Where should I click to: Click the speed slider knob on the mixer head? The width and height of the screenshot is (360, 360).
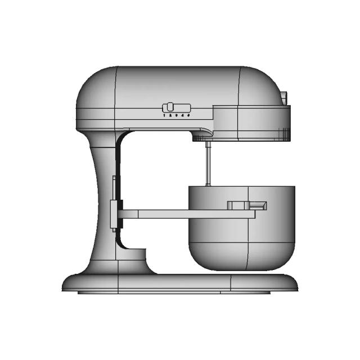tap(168, 107)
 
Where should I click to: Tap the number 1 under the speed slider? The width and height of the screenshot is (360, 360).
tap(164, 115)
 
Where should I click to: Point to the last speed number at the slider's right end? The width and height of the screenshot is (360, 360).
tap(190, 115)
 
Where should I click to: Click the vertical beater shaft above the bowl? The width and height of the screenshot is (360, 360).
tap(208, 163)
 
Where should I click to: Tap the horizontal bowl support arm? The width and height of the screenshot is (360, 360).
tap(186, 214)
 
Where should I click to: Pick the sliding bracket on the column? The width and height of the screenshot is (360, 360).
tap(115, 214)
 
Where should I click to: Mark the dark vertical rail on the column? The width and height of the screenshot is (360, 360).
tap(118, 169)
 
